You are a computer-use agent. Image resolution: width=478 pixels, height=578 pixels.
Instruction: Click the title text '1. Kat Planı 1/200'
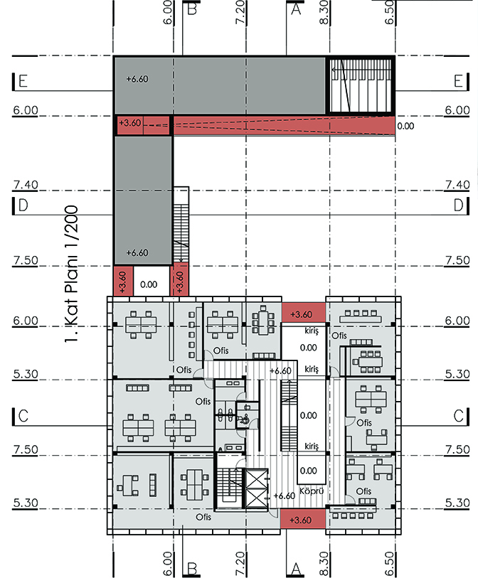tap(71, 274)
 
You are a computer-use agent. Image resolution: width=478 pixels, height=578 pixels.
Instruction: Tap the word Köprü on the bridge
tap(312, 491)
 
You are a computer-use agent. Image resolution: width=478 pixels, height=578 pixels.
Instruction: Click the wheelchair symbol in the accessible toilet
tap(244, 419)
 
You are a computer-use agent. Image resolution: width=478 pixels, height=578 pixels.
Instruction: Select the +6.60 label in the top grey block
tap(137, 79)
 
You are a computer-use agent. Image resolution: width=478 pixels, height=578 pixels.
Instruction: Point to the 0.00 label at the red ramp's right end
tap(405, 126)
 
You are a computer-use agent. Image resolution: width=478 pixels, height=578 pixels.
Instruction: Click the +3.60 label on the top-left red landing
tap(130, 123)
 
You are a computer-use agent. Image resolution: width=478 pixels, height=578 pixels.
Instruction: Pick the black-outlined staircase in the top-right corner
tap(361, 85)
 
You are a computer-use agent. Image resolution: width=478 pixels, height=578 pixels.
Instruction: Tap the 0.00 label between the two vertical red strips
tap(149, 284)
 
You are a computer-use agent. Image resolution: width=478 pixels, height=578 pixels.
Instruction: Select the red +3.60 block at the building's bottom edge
tap(303, 519)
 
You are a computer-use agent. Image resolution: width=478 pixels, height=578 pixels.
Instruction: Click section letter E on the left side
tap(23, 81)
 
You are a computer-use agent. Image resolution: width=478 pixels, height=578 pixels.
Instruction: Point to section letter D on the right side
tap(459, 205)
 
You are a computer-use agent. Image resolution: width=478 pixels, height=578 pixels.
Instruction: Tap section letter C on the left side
tap(23, 416)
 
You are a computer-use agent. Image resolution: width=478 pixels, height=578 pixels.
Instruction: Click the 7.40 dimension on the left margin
tap(26, 184)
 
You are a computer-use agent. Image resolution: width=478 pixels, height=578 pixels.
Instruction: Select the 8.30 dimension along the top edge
tap(324, 12)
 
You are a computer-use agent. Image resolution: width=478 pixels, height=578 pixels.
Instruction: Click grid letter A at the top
tap(296, 8)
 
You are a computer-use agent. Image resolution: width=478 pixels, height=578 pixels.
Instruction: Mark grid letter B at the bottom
tap(192, 569)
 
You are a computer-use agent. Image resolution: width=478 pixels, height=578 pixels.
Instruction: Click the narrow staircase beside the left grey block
tap(181, 225)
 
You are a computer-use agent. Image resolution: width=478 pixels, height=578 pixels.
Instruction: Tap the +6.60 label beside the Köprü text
tap(285, 496)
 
